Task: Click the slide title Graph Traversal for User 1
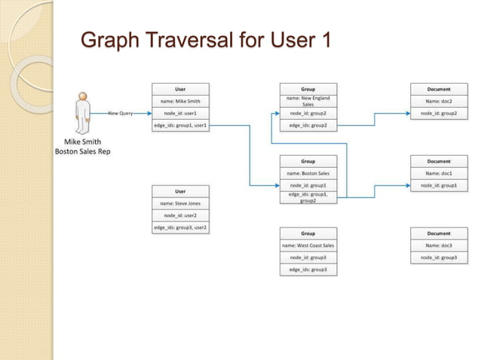coord(205,39)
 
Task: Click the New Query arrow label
coord(121,113)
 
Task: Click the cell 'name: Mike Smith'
coord(180,100)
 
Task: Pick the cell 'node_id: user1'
coord(180,113)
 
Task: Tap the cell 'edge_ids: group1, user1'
coord(180,125)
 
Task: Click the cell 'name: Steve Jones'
coord(180,203)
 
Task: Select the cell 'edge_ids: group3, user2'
coord(180,227)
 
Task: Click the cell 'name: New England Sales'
coord(308,100)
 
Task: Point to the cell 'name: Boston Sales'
coord(308,173)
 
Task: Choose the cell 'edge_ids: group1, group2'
coord(308,197)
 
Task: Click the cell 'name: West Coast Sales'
coord(308,246)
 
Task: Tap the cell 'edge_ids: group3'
coord(308,270)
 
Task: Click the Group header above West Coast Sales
coord(308,233)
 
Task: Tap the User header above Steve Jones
coord(180,191)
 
